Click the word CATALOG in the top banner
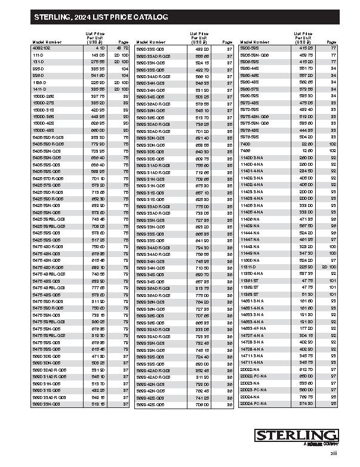(x=149, y=19)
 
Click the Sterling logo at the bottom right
(x=295, y=436)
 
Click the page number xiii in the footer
(x=334, y=456)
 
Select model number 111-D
(x=38, y=54)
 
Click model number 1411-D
(x=39, y=88)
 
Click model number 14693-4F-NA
(x=253, y=327)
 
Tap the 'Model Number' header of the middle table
(x=150, y=42)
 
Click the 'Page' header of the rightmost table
(x=331, y=42)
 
